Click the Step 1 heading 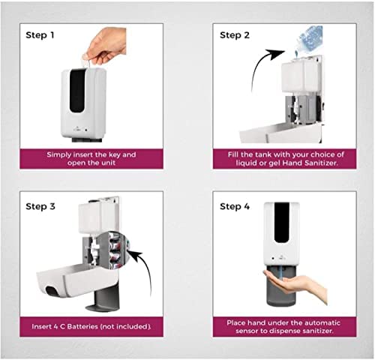(40, 35)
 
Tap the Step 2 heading (235, 35)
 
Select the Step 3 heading (40, 206)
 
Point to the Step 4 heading (235, 206)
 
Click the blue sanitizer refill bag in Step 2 (309, 39)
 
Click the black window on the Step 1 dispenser (77, 91)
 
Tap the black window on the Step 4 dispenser (282, 223)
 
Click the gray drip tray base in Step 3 (103, 298)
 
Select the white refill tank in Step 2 (301, 76)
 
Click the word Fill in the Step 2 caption (233, 154)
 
